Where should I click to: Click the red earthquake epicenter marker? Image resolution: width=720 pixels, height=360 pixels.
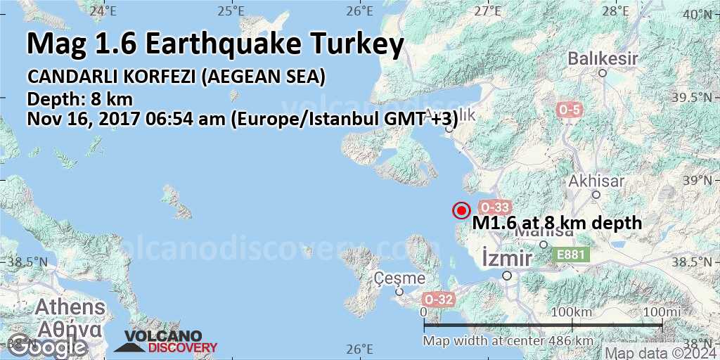coord(461,210)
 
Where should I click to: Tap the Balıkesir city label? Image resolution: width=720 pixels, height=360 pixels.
coord(597,57)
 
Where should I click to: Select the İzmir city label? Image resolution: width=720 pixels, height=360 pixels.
coord(507,259)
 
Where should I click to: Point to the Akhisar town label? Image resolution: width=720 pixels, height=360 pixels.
coord(597,181)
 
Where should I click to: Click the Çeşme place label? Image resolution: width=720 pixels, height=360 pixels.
coord(400,278)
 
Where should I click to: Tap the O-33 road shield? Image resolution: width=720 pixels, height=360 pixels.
coord(494,207)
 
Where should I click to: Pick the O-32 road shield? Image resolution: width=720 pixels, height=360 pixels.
coord(439,300)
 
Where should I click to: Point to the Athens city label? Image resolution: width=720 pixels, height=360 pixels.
coord(70,307)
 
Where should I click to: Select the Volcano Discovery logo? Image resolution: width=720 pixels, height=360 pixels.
coord(166,342)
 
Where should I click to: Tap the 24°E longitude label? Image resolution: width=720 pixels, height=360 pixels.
coord(103,11)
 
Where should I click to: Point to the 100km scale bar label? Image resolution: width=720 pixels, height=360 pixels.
coord(572,311)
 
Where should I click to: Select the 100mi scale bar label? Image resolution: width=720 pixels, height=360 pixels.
coord(661,311)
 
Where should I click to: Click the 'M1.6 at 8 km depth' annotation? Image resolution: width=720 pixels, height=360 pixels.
coord(557,223)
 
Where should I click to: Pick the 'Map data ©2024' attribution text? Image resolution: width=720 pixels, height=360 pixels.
coord(661,353)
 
